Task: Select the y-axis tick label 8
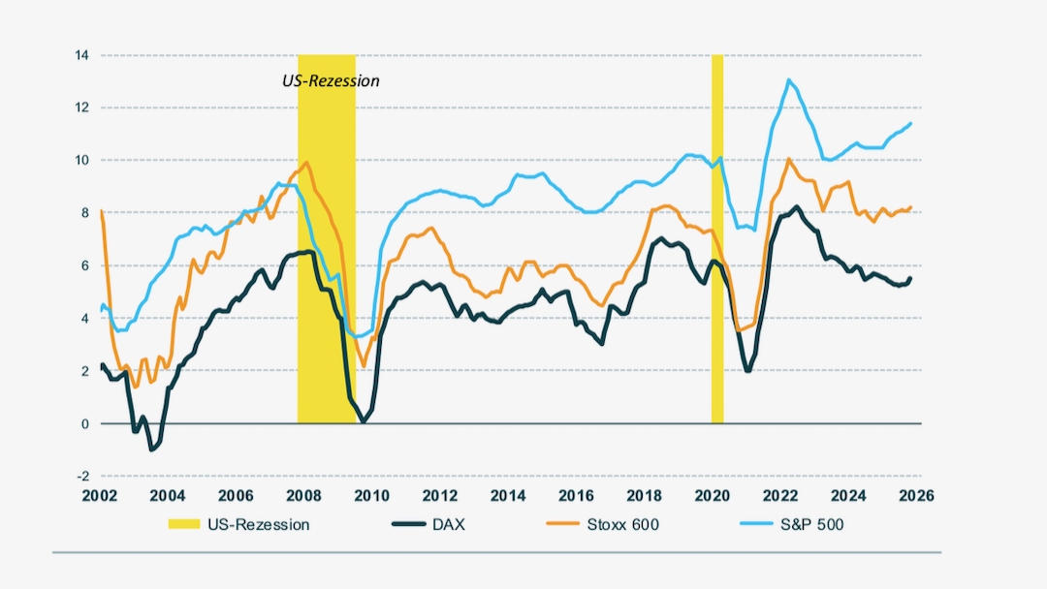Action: coord(83,213)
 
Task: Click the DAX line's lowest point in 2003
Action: coord(151,450)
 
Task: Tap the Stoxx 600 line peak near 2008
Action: coord(306,163)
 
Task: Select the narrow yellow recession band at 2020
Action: coord(717,242)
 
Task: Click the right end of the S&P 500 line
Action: coord(911,123)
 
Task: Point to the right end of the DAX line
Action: coord(910,278)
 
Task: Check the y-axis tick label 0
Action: coord(83,423)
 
